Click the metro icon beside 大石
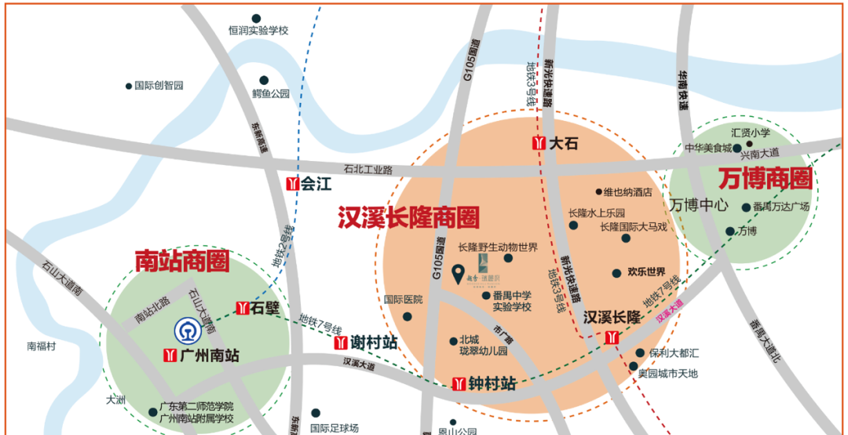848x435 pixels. pos(539,144)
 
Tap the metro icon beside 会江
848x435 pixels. pos(292,185)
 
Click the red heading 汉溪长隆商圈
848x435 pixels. pos(408,217)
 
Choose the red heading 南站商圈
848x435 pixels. pos(182,261)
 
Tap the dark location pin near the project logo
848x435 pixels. pos(459,274)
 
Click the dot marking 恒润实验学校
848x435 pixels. pos(257,18)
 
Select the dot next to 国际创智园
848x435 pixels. pos(129,86)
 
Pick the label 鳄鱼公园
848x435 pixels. pos(271,93)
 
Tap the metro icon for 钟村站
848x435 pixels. pos(459,384)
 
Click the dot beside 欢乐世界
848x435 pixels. pos(616,273)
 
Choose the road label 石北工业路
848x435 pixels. pos(367,169)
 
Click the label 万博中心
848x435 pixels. pos(700,204)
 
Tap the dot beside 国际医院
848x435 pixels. pos(407,316)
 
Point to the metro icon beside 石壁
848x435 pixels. pos(242,309)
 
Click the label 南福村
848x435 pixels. pos(42,345)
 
